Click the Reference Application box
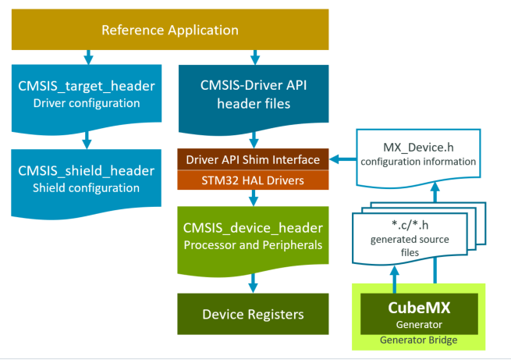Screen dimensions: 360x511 (x=169, y=30)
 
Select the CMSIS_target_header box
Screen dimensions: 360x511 (x=87, y=94)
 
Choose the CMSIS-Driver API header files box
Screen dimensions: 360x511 (x=253, y=94)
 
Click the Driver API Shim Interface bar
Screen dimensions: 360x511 (x=253, y=160)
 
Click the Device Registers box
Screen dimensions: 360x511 (x=253, y=314)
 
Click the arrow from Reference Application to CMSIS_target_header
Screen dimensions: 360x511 (x=87, y=56)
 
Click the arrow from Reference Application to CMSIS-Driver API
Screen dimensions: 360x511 (x=253, y=56)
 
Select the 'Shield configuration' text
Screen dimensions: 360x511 (x=87, y=188)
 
